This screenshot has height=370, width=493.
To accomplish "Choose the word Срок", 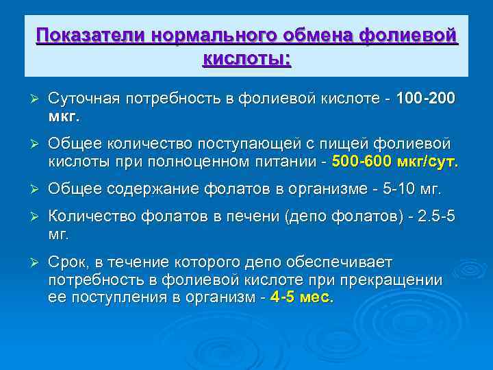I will point(68,263).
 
